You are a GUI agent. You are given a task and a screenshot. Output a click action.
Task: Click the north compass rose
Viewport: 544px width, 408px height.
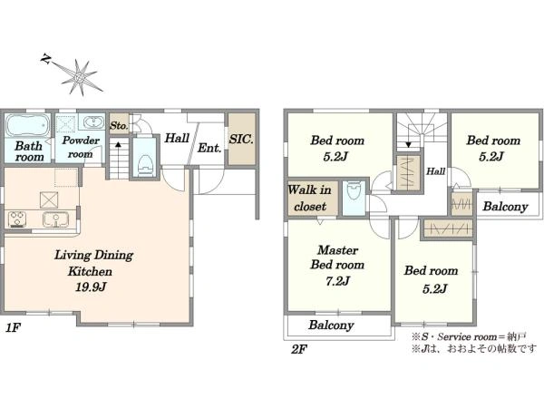tap(79, 77)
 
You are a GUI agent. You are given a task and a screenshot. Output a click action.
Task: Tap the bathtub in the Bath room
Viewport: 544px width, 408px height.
tap(27, 126)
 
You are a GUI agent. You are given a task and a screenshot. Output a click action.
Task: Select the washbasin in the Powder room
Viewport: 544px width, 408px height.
tap(93, 122)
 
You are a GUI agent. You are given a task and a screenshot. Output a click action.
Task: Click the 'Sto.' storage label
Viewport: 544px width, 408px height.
tap(119, 126)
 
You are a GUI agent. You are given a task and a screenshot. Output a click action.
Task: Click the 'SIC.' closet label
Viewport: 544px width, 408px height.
tap(241, 140)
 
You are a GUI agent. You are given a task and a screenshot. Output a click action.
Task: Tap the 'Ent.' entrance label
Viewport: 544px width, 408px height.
tap(209, 148)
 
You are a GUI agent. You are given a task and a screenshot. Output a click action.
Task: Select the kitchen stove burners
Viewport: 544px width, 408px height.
tap(16, 219)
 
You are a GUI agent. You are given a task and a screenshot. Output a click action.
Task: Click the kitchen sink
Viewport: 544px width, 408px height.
tap(55, 219)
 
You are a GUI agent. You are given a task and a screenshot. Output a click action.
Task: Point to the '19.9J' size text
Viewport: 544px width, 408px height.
tap(90, 287)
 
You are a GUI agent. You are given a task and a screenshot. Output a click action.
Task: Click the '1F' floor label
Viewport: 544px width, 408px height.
tap(14, 328)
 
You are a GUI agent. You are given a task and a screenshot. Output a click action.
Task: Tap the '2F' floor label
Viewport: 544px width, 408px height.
tap(298, 349)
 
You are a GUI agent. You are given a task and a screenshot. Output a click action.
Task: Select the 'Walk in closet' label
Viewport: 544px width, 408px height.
tap(309, 198)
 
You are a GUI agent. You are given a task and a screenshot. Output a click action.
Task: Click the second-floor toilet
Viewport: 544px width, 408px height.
tap(354, 191)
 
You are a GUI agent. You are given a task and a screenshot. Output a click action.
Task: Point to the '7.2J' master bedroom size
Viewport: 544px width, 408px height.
tap(336, 281)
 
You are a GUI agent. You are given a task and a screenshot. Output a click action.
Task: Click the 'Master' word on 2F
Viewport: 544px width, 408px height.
tap(337, 250)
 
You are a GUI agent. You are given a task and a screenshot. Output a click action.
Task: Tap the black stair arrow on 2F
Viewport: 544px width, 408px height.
tap(408, 144)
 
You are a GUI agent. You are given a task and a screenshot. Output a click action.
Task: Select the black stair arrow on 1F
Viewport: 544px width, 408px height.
tap(118, 144)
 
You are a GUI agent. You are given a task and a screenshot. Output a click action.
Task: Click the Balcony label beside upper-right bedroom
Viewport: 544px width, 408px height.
tap(505, 207)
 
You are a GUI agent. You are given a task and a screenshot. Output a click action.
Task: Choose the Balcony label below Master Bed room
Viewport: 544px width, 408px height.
tap(331, 325)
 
